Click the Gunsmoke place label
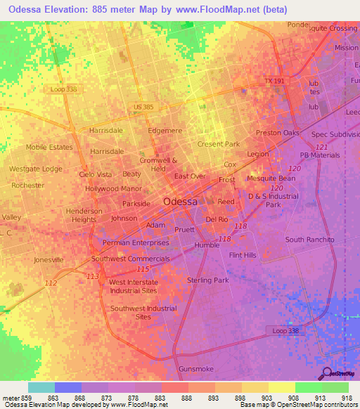point(196,369)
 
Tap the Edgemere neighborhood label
point(165,131)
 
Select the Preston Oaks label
point(277,133)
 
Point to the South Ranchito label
point(310,240)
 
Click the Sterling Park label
point(208,280)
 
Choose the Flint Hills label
point(243,255)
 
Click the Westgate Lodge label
point(35,169)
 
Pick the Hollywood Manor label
point(113,189)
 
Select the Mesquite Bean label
point(271,178)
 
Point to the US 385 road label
point(143,106)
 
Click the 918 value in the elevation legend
point(347,398)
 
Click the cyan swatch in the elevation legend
point(41,387)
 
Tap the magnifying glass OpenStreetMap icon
point(326,373)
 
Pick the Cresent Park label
point(219,144)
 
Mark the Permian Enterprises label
point(136,242)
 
